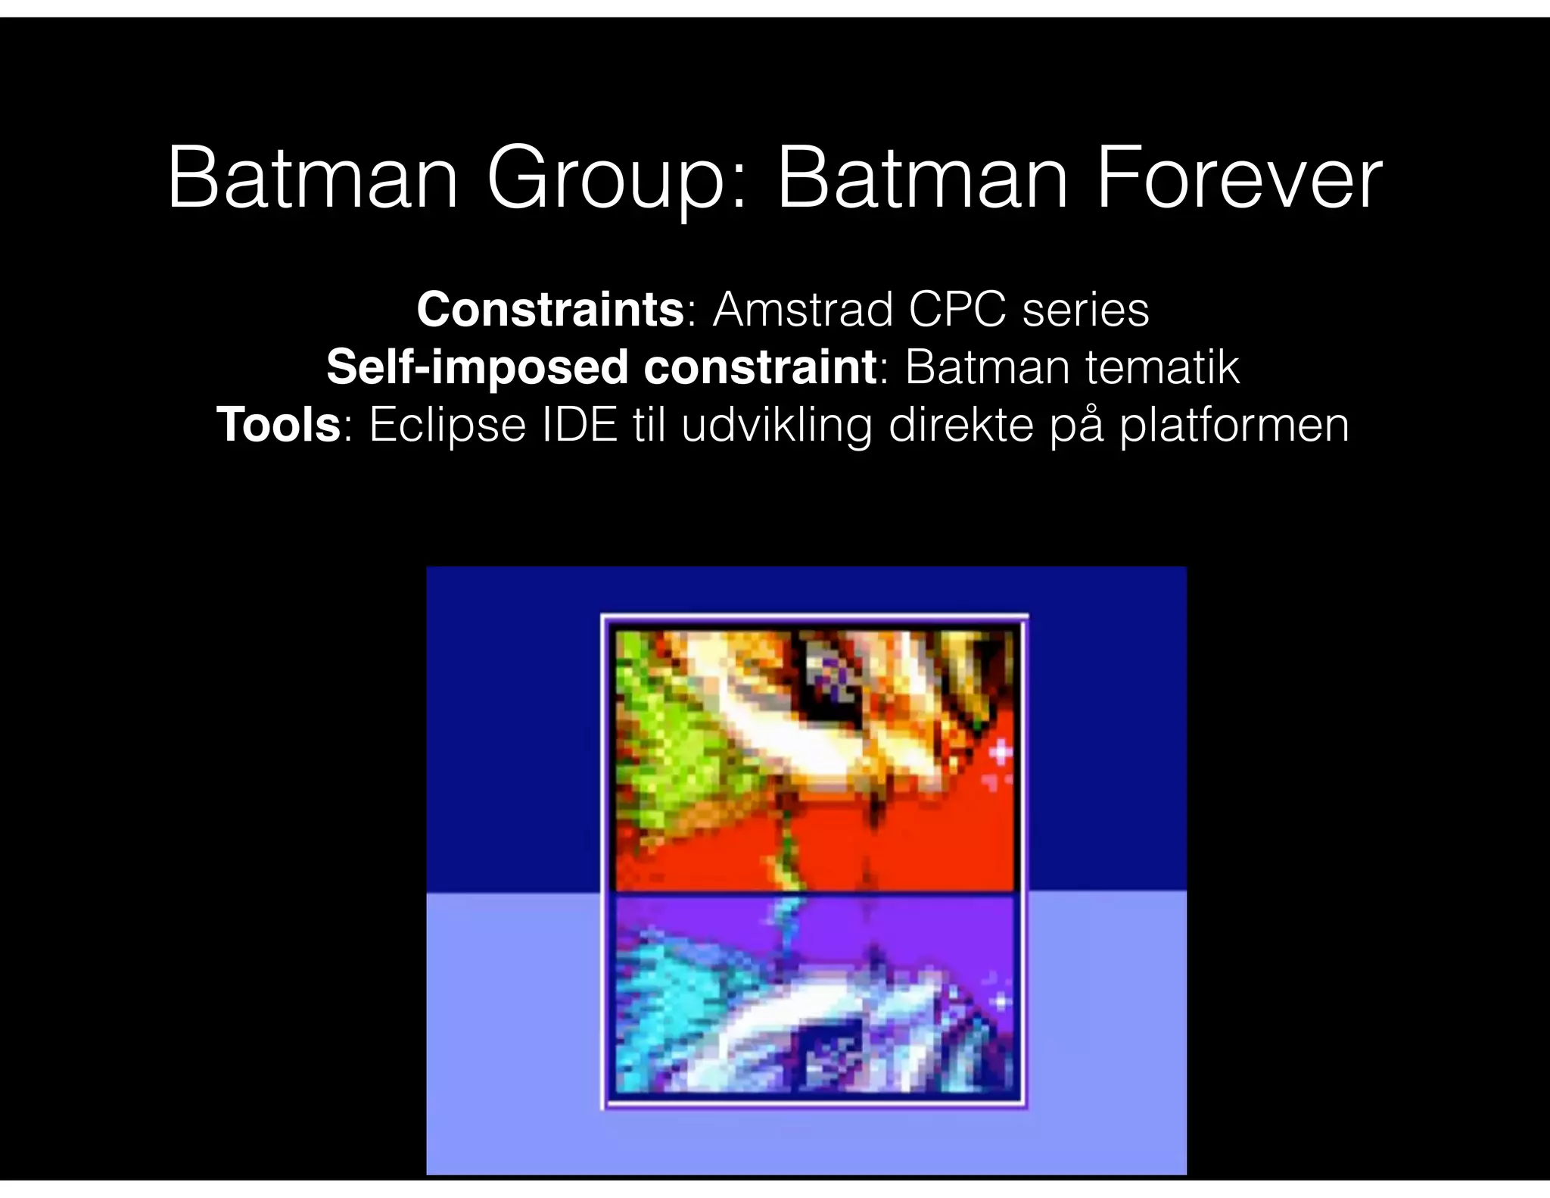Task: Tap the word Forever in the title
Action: [x=1238, y=180]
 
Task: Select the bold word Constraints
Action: [x=550, y=310]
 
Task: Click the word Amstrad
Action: [x=803, y=310]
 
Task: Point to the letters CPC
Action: [x=958, y=310]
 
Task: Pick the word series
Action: [x=1085, y=311]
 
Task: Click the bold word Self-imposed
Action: [x=476, y=367]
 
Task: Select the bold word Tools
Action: [x=279, y=425]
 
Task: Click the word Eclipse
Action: [x=447, y=426]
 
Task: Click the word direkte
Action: [x=960, y=425]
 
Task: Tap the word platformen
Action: [x=1234, y=426]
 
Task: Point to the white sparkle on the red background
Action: [x=1001, y=753]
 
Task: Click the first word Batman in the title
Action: [x=313, y=180]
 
